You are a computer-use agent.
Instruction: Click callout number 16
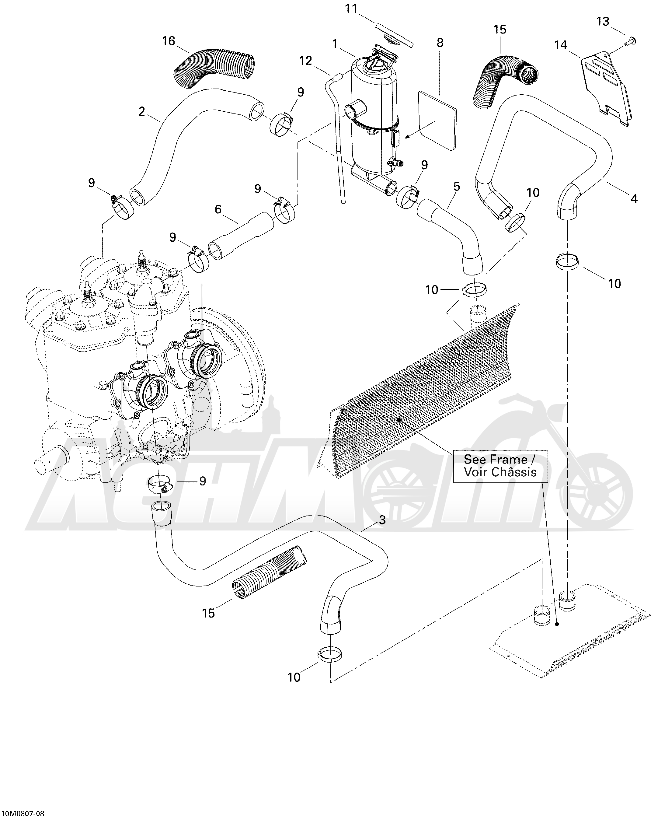click(x=169, y=41)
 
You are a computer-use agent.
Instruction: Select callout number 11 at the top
click(x=351, y=9)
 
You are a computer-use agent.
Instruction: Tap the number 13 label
click(x=602, y=22)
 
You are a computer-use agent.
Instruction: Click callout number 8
click(x=440, y=43)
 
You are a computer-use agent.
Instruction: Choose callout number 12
click(x=305, y=61)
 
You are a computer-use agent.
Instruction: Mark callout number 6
click(x=218, y=209)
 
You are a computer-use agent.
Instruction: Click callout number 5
click(x=457, y=187)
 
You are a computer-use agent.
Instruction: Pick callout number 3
click(x=382, y=520)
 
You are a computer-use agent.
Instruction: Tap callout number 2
click(x=141, y=112)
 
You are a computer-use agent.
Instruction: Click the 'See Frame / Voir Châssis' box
click(x=500, y=466)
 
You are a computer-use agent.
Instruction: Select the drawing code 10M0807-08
click(x=23, y=813)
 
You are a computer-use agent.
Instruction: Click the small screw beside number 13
click(x=632, y=41)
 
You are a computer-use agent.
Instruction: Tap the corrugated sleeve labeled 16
click(x=214, y=65)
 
